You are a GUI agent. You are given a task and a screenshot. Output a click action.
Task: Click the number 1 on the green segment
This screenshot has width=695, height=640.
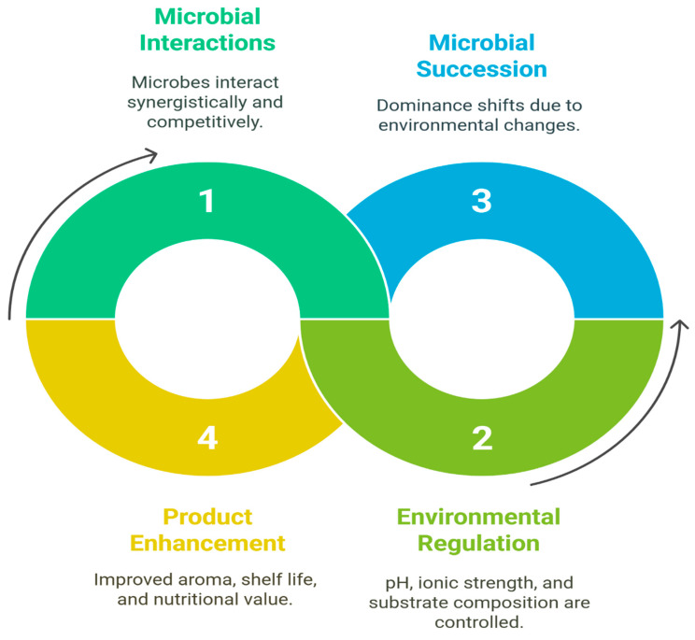coord(207,201)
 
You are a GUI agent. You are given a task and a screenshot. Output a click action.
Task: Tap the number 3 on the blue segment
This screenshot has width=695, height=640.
coord(481,201)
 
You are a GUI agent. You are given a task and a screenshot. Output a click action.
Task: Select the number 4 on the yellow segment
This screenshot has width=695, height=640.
coord(207,438)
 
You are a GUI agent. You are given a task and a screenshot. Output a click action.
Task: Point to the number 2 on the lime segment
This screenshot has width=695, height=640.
coord(482,438)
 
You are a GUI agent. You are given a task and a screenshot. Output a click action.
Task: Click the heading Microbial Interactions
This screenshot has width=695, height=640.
coord(207,30)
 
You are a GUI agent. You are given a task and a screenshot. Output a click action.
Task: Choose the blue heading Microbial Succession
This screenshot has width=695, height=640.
coord(481,56)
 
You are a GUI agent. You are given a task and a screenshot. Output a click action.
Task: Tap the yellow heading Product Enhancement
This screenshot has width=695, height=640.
coord(207,530)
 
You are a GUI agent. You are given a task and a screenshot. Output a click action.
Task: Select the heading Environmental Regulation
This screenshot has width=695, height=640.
coord(478,530)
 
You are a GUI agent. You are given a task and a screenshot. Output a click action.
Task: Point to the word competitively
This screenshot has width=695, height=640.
coord(205,121)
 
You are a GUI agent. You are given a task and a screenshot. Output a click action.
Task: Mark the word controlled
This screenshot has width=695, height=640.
coord(478,622)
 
